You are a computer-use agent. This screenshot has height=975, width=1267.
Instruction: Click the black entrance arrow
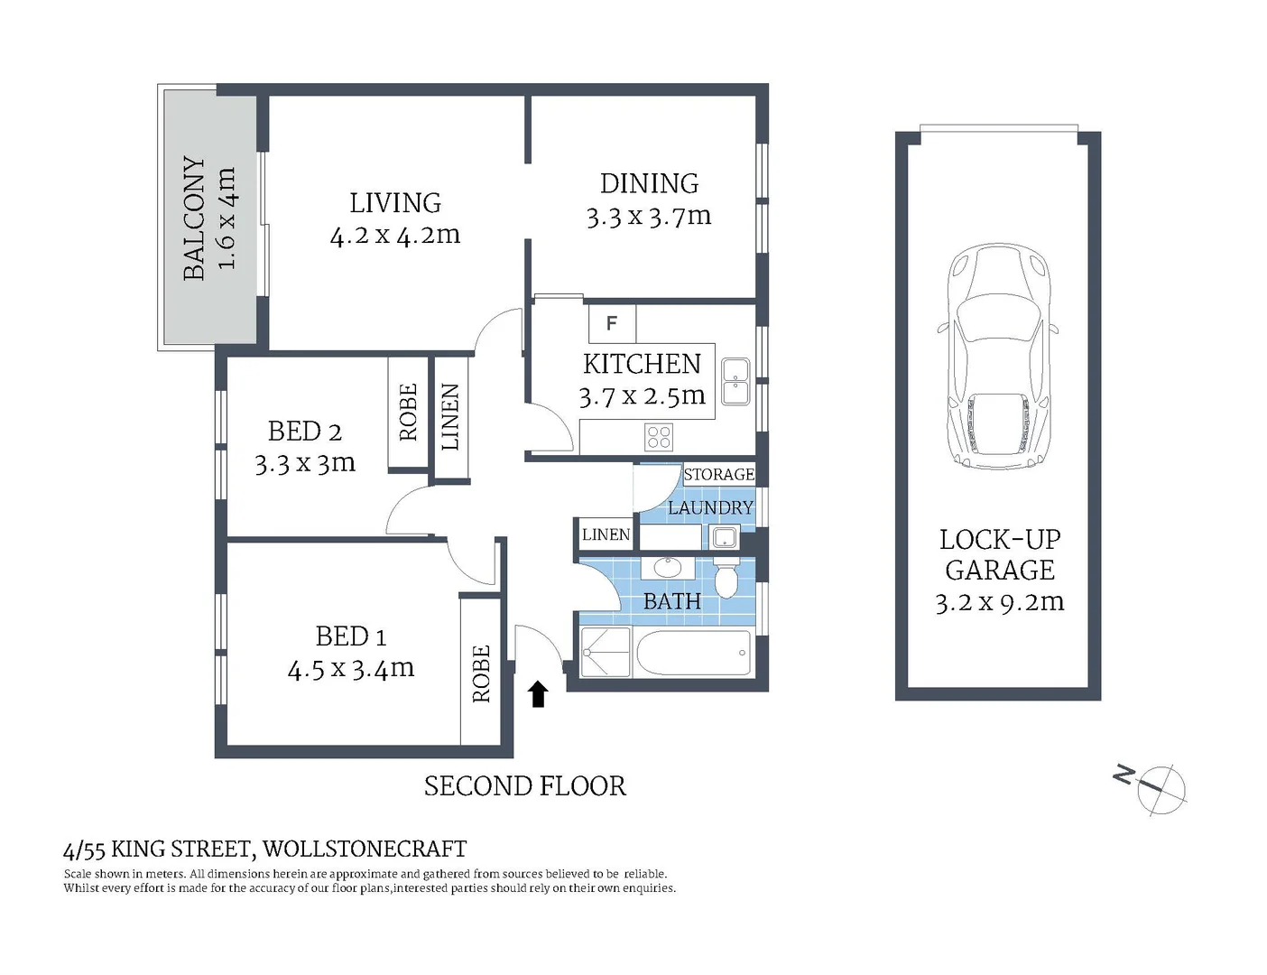tap(538, 694)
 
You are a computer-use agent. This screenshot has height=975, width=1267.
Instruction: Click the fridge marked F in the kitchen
tap(612, 323)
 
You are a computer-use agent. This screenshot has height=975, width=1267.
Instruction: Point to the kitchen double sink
tap(735, 381)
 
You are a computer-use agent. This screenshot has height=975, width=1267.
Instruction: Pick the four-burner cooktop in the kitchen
tap(659, 438)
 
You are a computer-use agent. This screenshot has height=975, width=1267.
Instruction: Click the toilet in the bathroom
tap(726, 577)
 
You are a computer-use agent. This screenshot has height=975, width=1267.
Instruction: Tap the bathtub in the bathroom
tap(693, 652)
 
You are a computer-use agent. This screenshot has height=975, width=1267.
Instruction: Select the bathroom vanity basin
tap(668, 568)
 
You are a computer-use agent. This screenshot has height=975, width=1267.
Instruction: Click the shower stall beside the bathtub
tap(606, 652)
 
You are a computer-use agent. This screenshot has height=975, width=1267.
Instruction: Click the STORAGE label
tap(718, 475)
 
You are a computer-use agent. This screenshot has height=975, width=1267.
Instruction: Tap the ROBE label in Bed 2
tap(408, 413)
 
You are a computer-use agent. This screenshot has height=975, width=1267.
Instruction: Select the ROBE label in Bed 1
tap(481, 673)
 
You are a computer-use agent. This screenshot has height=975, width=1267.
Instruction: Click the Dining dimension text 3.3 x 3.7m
tap(649, 217)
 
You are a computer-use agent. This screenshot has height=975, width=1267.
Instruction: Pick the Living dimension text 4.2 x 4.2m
tap(395, 236)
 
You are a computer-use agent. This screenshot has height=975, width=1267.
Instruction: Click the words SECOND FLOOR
tap(524, 786)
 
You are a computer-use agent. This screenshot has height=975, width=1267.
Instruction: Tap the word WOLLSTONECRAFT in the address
tap(365, 850)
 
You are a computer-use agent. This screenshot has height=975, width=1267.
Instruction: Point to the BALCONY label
tap(194, 218)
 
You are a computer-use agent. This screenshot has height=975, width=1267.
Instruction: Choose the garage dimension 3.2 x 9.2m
tap(999, 602)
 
